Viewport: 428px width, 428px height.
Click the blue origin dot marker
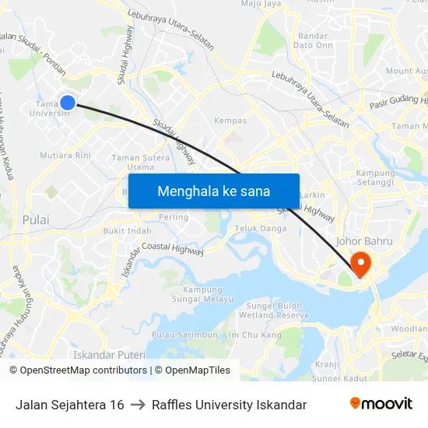(x=68, y=102)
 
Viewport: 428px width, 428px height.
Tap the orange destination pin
(x=361, y=263)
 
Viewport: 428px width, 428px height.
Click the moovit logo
(x=381, y=404)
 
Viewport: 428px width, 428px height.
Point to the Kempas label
(x=230, y=121)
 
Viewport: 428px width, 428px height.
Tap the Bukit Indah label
(x=128, y=230)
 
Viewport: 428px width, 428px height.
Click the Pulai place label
(x=36, y=219)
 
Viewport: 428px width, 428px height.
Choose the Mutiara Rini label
(x=66, y=155)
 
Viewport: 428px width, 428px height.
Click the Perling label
(x=173, y=216)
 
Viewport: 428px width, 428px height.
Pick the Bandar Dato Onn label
(x=312, y=40)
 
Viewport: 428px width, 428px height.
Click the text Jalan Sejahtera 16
(x=69, y=405)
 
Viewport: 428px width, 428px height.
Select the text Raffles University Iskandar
(x=229, y=405)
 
